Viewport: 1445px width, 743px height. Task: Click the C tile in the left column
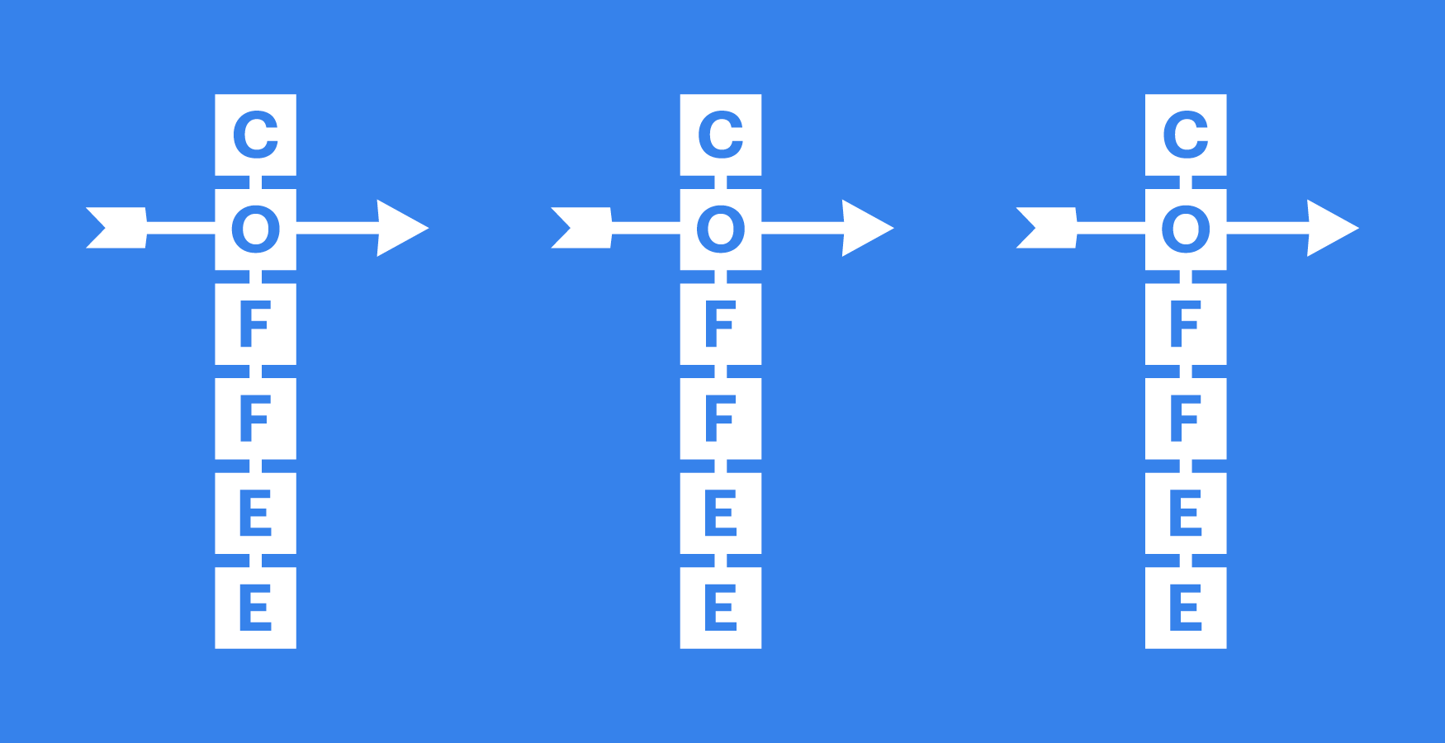click(x=255, y=135)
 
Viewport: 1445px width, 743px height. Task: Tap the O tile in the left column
click(x=255, y=229)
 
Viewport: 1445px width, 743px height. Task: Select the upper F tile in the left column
click(x=255, y=324)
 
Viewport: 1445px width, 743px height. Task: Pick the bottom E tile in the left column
click(x=255, y=608)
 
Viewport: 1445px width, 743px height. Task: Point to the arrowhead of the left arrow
click(x=400, y=228)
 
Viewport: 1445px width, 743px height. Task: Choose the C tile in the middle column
click(x=720, y=135)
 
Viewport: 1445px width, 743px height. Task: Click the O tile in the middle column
click(x=720, y=229)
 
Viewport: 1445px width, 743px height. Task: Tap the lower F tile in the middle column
click(x=720, y=419)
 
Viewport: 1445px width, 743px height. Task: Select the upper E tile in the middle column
click(x=720, y=513)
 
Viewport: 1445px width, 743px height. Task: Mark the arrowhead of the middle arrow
click(x=865, y=228)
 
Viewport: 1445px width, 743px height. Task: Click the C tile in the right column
click(x=1186, y=135)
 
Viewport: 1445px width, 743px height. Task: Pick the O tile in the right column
click(x=1186, y=229)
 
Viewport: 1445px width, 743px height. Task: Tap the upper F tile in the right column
click(x=1186, y=324)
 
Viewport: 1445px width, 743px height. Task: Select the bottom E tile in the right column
click(x=1186, y=608)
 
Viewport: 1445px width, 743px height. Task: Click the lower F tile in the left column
click(x=255, y=419)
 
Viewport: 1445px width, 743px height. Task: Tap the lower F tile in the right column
click(x=1186, y=419)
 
